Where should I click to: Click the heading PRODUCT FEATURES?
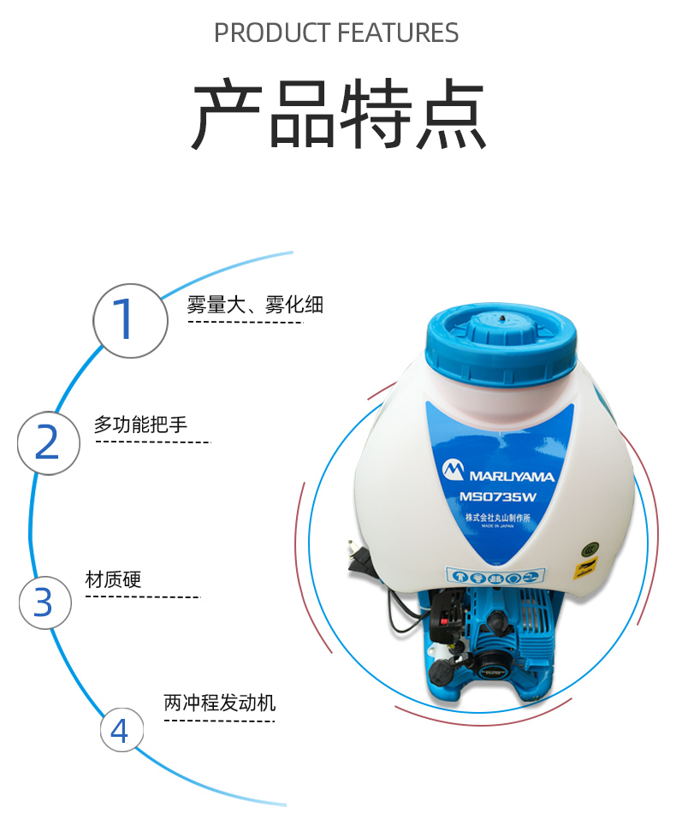click(x=336, y=33)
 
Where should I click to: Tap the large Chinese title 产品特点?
click(x=339, y=114)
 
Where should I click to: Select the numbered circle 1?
click(x=131, y=320)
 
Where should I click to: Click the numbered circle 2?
click(x=49, y=442)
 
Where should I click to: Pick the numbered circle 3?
click(x=45, y=602)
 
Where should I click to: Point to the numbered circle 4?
click(x=122, y=730)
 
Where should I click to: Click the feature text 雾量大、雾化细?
click(x=255, y=305)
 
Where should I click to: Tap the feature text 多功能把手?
click(x=140, y=424)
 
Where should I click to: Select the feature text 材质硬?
click(x=113, y=579)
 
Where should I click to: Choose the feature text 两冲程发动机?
click(x=220, y=703)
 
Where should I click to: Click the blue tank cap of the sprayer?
click(x=501, y=343)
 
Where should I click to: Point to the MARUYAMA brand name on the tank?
click(x=513, y=476)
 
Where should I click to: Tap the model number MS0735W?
click(x=498, y=497)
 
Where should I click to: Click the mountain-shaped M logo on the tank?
click(x=453, y=470)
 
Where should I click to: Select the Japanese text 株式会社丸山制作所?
click(x=498, y=518)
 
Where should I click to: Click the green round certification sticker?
click(x=590, y=549)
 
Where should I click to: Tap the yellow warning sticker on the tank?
click(x=585, y=567)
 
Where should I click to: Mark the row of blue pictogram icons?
click(x=495, y=576)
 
